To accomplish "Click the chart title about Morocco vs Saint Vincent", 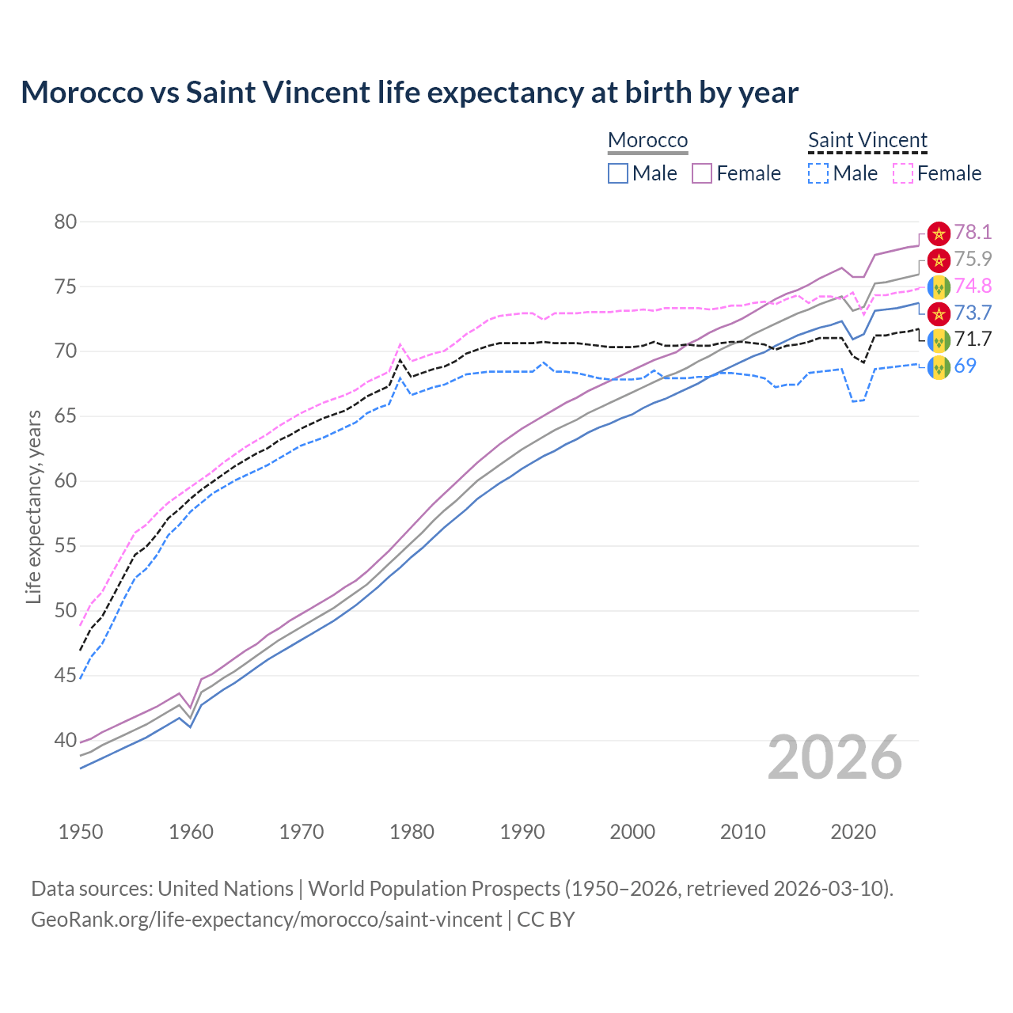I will (x=409, y=93).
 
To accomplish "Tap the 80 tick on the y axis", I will (x=66, y=222).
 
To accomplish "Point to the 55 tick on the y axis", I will (x=66, y=546).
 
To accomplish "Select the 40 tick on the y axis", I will (x=66, y=741).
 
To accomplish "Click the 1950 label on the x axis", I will (x=81, y=832).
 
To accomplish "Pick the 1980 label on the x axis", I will (x=412, y=832).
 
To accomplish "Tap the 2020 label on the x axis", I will (x=853, y=832).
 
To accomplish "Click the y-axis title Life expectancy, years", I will (x=33, y=506).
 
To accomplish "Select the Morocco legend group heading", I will (x=647, y=141).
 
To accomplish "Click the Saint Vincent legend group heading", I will (x=867, y=141).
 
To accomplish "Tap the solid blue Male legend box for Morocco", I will (x=618, y=173).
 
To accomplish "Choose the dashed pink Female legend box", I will (x=903, y=173).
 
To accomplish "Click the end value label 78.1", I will (x=973, y=232).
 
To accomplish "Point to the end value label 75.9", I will (x=973, y=259).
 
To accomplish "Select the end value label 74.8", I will (x=973, y=286).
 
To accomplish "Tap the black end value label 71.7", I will (x=973, y=339).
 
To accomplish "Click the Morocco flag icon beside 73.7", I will (x=939, y=313).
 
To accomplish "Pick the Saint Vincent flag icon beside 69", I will (x=939, y=366).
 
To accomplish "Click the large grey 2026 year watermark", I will (x=835, y=757).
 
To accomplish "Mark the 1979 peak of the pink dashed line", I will (x=400, y=344).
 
